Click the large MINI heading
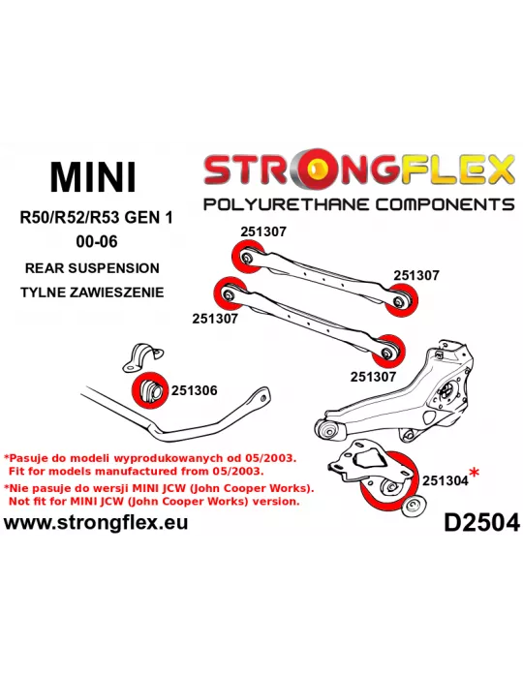click(93, 177)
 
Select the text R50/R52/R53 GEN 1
click(96, 217)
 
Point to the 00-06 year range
click(97, 241)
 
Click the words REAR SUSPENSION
click(92, 268)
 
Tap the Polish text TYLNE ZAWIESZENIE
click(92, 293)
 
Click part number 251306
click(194, 390)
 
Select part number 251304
click(446, 480)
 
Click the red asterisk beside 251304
click(475, 473)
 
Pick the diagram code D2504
click(481, 523)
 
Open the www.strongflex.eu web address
click(96, 522)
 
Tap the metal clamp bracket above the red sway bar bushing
click(143, 357)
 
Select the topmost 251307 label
click(263, 231)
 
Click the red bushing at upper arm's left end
click(247, 258)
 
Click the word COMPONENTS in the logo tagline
click(445, 204)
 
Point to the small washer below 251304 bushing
click(415, 506)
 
